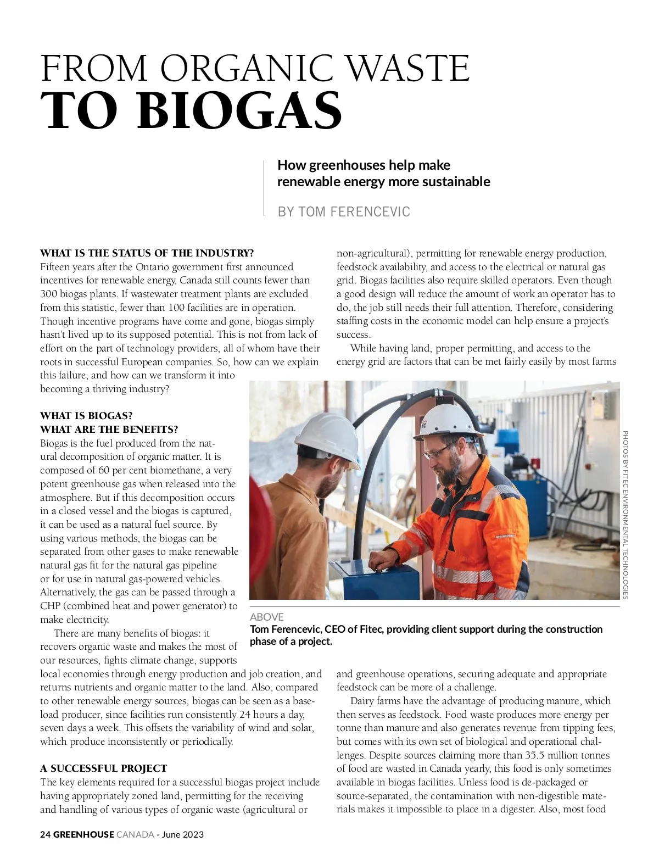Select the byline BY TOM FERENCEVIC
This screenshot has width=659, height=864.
(344, 211)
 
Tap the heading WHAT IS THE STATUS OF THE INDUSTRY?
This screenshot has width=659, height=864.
(147, 253)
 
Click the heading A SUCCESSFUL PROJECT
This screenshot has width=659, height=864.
(103, 768)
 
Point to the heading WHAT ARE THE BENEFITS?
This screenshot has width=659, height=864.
(109, 430)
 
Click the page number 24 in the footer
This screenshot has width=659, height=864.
(45, 834)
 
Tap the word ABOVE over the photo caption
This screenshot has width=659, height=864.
(266, 617)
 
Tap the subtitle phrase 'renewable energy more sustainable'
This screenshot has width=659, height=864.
(383, 181)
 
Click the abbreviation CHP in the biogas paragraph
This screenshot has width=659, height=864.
(50, 606)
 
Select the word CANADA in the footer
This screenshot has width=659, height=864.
(135, 834)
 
